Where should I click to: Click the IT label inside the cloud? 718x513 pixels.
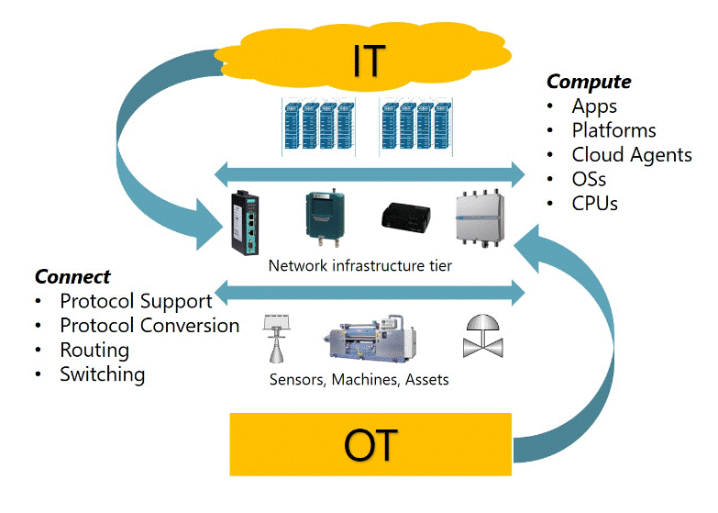[370, 61]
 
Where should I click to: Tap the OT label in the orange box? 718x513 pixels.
[370, 446]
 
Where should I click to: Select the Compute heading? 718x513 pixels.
[589, 82]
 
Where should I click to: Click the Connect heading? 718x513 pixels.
[72, 276]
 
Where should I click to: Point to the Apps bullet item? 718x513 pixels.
[594, 106]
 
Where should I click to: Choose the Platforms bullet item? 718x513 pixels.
[613, 130]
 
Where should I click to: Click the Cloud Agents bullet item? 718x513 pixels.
[631, 154]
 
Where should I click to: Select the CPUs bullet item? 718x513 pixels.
[594, 203]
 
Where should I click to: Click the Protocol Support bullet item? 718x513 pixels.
[136, 301]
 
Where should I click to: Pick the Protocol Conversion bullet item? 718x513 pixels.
[149, 325]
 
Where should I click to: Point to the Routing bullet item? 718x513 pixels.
[94, 350]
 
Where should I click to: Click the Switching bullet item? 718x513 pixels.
[102, 374]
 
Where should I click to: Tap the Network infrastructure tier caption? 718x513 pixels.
[360, 266]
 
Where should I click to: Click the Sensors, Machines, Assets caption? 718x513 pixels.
[359, 379]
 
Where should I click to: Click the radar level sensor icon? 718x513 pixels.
[274, 340]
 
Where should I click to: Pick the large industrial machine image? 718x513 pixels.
[376, 338]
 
